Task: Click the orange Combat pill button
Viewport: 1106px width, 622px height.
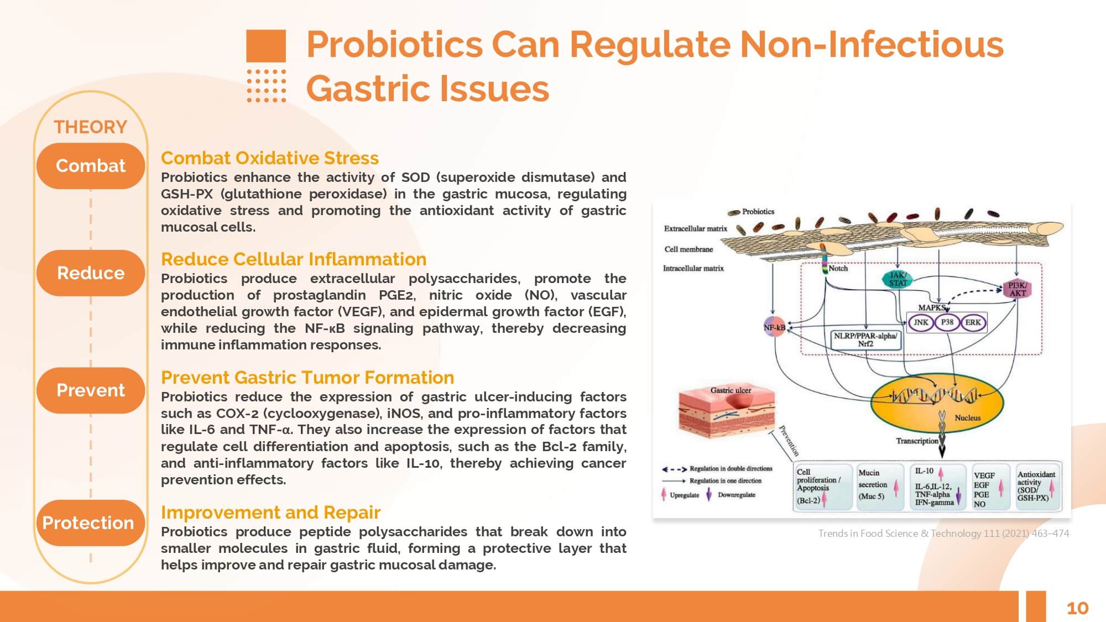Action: click(x=91, y=166)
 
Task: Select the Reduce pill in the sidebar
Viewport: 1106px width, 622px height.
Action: click(x=91, y=273)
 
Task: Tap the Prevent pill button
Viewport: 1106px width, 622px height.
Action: click(x=91, y=390)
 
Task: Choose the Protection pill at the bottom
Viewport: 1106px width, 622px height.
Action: click(x=88, y=523)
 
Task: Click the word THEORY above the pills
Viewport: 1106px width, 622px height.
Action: click(x=90, y=127)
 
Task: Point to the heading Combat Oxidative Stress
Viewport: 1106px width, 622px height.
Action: click(x=270, y=158)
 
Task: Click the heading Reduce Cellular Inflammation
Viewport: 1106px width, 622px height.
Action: click(x=294, y=259)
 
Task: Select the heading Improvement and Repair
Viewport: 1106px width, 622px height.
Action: click(x=270, y=513)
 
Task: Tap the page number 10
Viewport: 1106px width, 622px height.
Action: click(x=1077, y=608)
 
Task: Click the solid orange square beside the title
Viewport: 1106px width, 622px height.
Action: click(x=266, y=46)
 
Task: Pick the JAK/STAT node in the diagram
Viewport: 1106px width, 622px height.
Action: click(x=898, y=279)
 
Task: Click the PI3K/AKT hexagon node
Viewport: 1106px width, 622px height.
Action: click(x=1017, y=289)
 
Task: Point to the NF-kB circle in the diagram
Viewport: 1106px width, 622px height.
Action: click(x=775, y=327)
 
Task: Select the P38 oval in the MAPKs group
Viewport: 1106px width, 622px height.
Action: click(x=947, y=322)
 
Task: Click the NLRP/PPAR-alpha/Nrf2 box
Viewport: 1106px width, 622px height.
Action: click(x=865, y=339)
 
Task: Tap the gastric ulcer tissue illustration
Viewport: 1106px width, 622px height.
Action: click(x=727, y=413)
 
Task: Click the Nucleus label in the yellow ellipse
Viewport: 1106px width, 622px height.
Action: click(x=967, y=418)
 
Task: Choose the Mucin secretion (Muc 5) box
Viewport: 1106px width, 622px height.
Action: click(x=877, y=485)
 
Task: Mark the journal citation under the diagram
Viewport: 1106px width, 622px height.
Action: click(x=943, y=534)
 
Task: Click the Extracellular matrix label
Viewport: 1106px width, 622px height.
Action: click(x=695, y=228)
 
